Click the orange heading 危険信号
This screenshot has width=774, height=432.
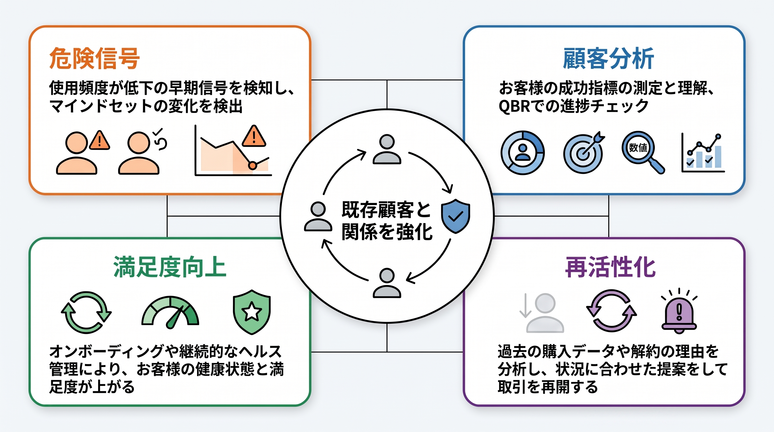click(x=94, y=58)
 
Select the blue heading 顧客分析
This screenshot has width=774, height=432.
click(x=608, y=58)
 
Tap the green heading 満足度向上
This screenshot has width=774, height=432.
click(x=170, y=267)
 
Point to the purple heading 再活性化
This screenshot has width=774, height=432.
click(x=610, y=267)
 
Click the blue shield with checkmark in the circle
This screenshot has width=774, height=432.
click(x=456, y=216)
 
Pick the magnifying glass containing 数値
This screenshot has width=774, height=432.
click(x=643, y=152)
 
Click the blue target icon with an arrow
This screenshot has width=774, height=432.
click(x=584, y=153)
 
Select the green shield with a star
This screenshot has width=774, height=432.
click(x=252, y=312)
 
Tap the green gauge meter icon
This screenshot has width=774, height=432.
click(x=170, y=312)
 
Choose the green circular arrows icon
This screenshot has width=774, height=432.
click(x=86, y=312)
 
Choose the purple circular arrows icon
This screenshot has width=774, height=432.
click(x=611, y=310)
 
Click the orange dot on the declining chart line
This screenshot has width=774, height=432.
click(x=253, y=165)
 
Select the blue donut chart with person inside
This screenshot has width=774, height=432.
click(x=523, y=153)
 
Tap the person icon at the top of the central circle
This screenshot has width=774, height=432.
click(x=387, y=149)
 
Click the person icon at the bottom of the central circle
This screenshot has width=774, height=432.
click(x=387, y=283)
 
